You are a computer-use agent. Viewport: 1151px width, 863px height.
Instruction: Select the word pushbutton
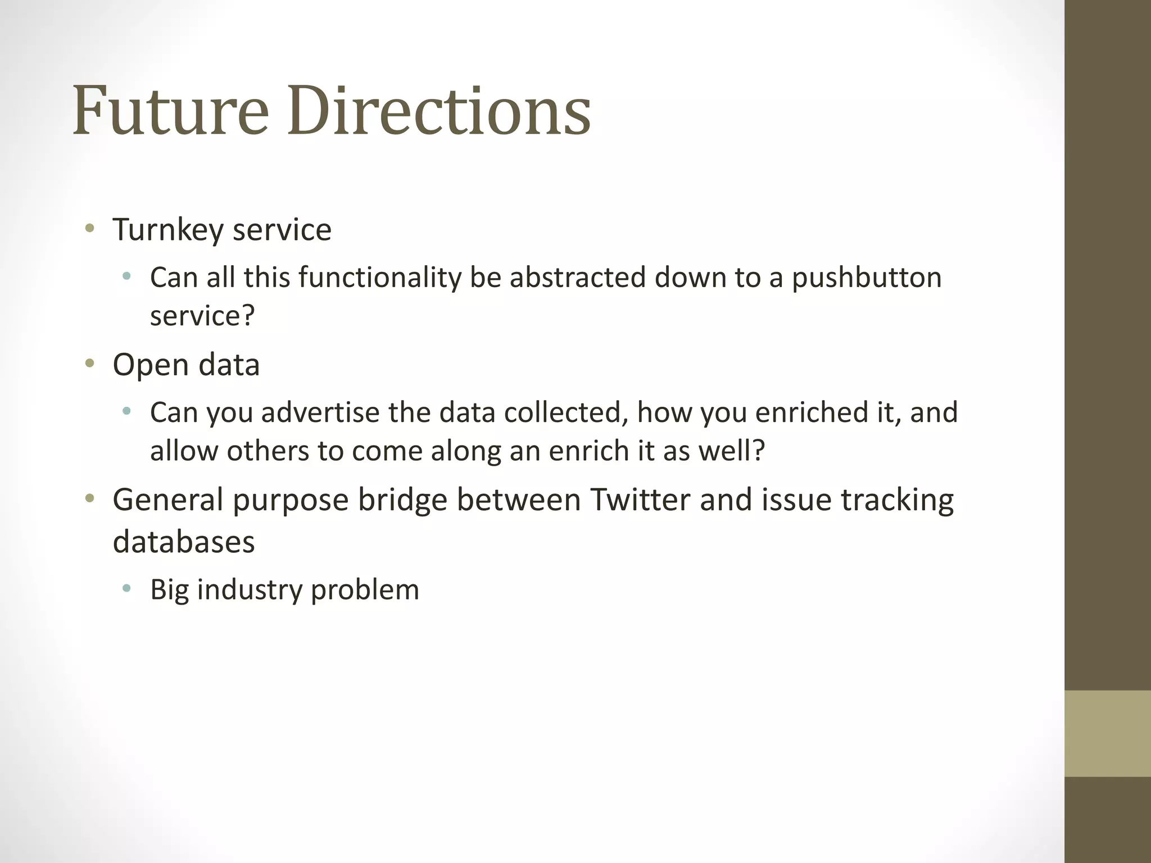click(x=867, y=278)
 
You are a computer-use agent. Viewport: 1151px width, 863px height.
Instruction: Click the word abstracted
click(x=578, y=278)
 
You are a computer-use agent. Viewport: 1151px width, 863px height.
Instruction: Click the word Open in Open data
click(x=151, y=365)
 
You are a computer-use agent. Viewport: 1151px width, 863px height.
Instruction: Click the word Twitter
click(x=640, y=499)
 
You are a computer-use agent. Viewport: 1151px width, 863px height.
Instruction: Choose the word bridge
click(x=402, y=499)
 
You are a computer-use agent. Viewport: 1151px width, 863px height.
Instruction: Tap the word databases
click(x=184, y=542)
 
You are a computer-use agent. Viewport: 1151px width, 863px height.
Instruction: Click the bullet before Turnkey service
click(x=89, y=229)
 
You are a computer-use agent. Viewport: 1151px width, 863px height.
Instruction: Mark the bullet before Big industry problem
click(x=126, y=589)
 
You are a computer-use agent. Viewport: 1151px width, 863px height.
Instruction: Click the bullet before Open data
click(x=89, y=364)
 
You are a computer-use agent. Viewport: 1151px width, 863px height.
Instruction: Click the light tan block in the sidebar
click(x=1108, y=733)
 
